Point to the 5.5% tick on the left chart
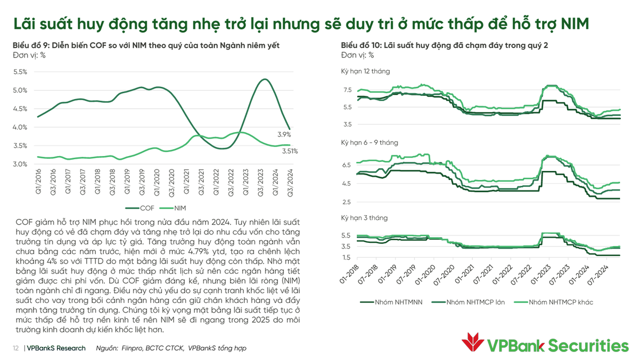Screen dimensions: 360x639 20,72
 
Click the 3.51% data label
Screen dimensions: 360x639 290,151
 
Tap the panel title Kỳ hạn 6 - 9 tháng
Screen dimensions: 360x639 370,143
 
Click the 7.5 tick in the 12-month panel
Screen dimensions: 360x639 347,91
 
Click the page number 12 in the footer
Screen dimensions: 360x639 16,348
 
